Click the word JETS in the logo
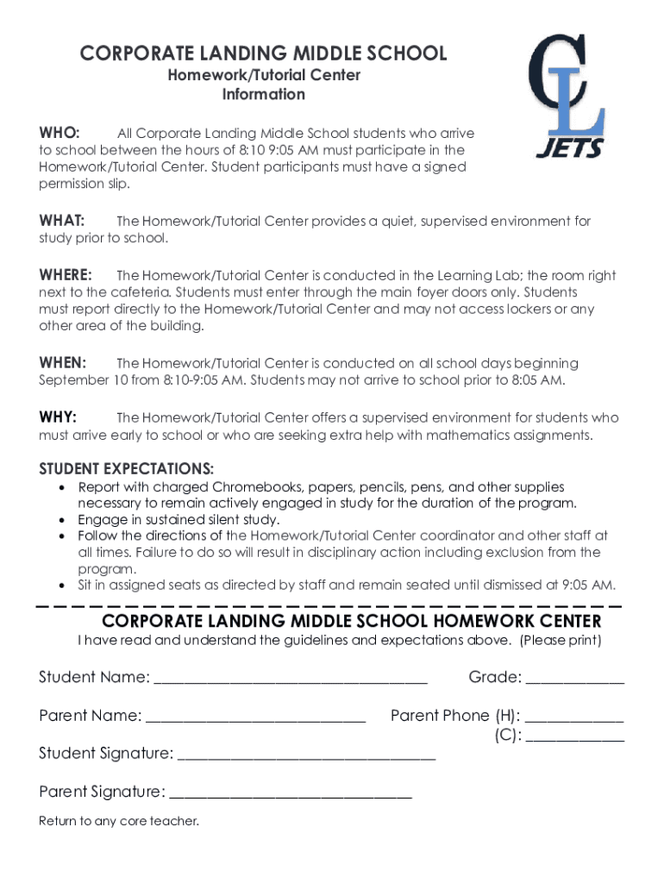coord(570,147)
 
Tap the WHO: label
coord(60,133)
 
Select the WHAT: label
coord(62,221)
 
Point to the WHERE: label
coord(66,275)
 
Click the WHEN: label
coord(63,363)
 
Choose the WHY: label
coord(58,417)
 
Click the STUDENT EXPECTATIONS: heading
coord(127,469)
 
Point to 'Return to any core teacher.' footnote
coord(119,821)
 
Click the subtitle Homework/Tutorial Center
coord(264,75)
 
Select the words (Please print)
coord(561,641)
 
